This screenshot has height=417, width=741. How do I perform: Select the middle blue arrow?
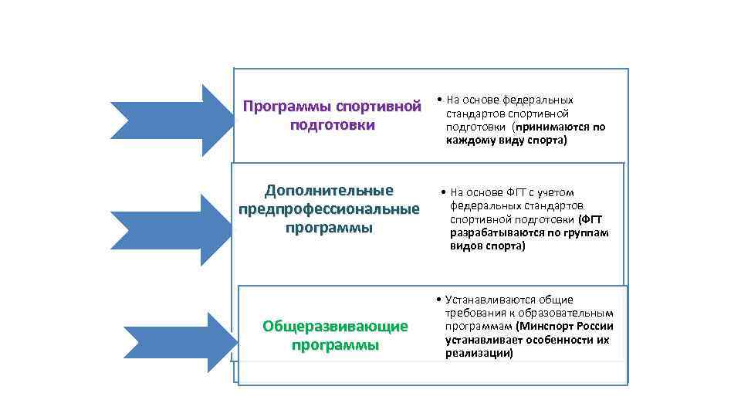pyautogui.click(x=174, y=229)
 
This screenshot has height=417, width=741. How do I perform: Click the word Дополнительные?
pyautogui.click(x=329, y=191)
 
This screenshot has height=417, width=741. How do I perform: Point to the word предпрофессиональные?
pyautogui.click(x=329, y=209)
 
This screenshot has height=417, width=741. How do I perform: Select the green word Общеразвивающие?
pyautogui.click(x=335, y=326)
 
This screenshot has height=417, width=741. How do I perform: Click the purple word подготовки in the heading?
pyautogui.click(x=332, y=124)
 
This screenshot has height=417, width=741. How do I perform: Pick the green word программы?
pyautogui.click(x=335, y=344)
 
